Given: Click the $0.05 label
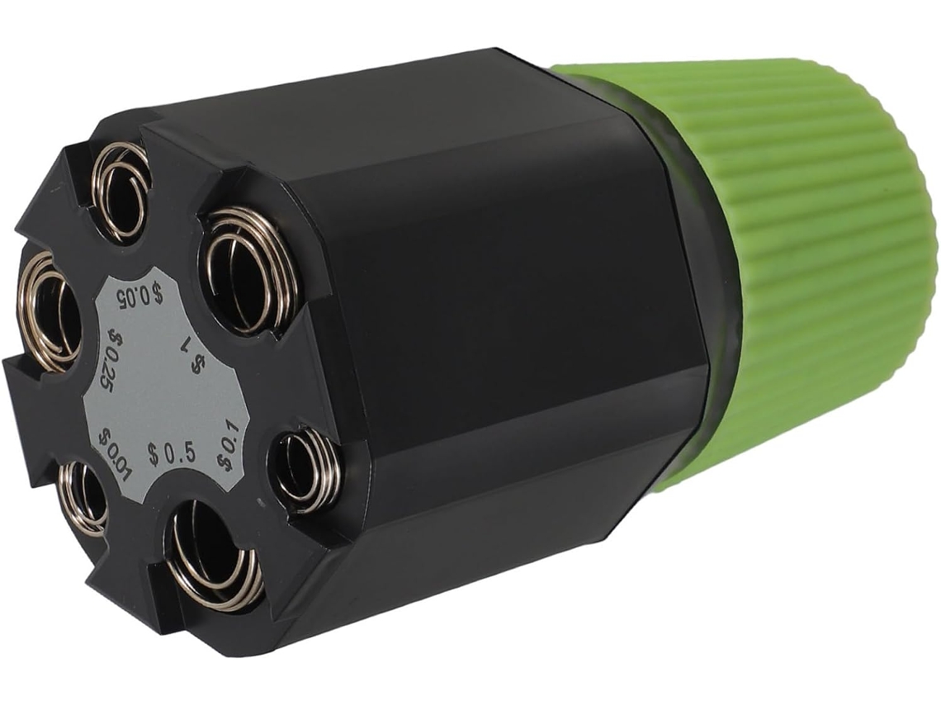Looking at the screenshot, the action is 140,296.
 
